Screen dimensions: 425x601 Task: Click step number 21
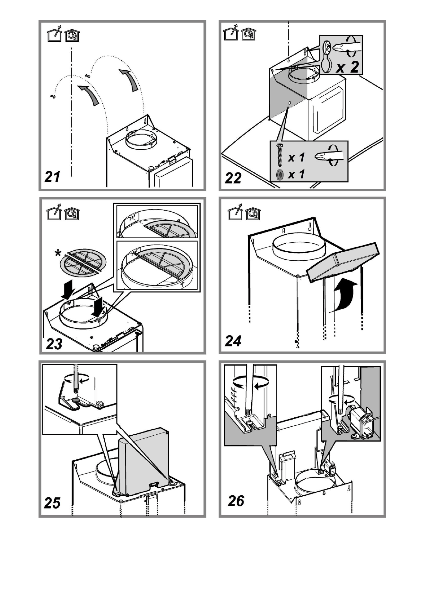[52, 177]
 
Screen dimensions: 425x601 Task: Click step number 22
[233, 178]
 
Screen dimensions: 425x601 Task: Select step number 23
[54, 344]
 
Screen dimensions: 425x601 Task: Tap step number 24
[233, 341]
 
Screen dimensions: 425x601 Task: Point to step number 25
[52, 503]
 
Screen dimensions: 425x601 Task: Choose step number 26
[236, 501]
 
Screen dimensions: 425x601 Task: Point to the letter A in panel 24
[283, 231]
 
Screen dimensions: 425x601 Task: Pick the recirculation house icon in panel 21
[72, 35]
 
